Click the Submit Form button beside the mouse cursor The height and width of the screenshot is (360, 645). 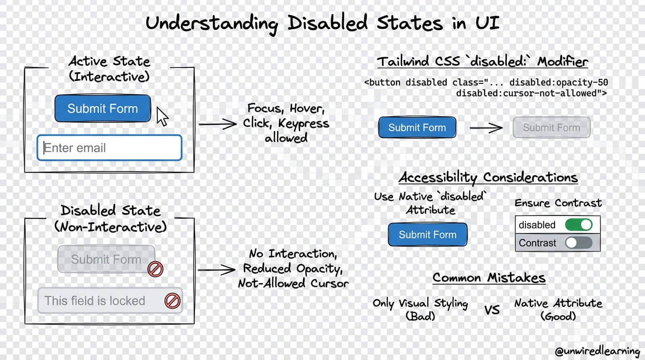[x=103, y=109]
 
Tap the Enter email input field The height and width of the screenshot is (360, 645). [x=109, y=148]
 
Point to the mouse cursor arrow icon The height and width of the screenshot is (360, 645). [x=162, y=116]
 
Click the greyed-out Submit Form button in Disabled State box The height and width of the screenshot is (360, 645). [x=106, y=259]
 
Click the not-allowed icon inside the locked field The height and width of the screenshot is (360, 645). [x=172, y=301]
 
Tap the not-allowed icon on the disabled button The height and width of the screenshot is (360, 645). [x=155, y=269]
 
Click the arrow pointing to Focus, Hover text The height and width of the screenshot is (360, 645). [x=217, y=124]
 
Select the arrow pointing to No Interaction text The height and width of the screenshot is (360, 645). [x=216, y=270]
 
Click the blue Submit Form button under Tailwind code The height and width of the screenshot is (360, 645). [x=417, y=127]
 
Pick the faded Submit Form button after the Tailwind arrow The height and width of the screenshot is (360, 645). [x=551, y=127]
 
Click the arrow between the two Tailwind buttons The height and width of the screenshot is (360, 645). [x=486, y=127]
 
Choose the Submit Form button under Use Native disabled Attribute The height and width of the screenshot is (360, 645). [x=427, y=234]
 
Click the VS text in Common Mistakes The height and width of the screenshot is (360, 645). [x=492, y=310]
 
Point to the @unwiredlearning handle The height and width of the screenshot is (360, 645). [x=597, y=351]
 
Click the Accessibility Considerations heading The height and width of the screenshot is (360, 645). [x=488, y=178]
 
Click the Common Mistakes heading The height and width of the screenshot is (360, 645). [x=489, y=278]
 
